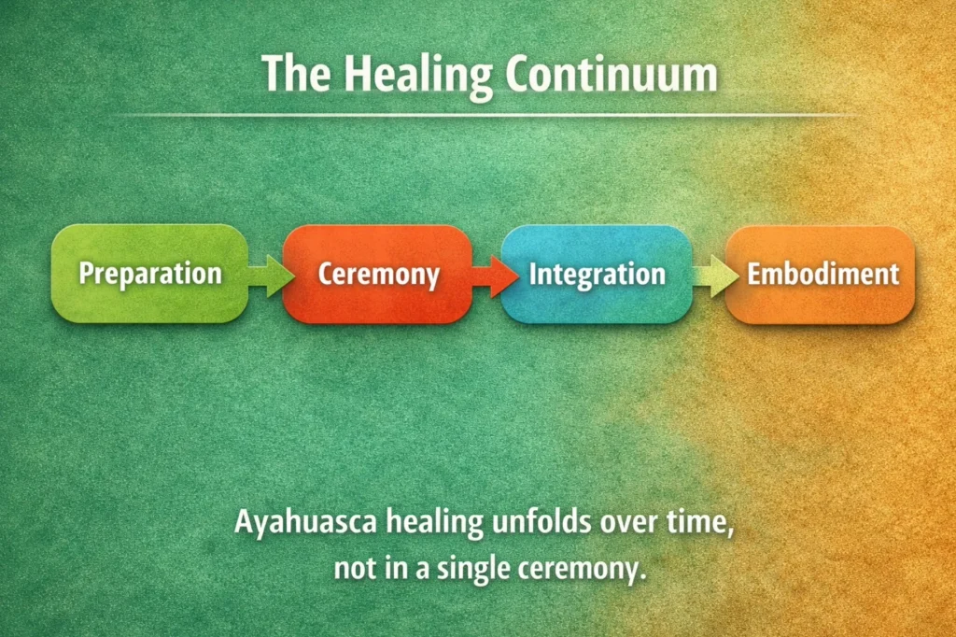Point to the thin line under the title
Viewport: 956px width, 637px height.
478,115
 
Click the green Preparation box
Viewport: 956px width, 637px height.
149,274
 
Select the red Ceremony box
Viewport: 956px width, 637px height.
377,275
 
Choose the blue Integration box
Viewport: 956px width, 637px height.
597,275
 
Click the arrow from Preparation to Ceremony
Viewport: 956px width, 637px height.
265,275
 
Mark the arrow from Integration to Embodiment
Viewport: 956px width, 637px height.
709,275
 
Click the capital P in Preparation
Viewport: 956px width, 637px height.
86,274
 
